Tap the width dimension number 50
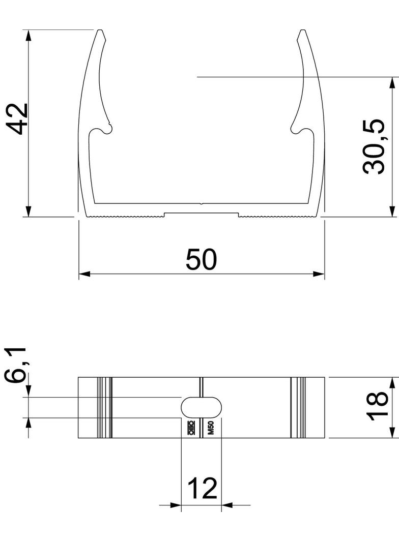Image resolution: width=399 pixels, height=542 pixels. point(201,259)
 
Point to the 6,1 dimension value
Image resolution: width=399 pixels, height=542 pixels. point(17,365)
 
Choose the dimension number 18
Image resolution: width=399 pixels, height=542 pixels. point(377,407)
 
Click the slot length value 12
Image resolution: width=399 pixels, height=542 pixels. point(203,489)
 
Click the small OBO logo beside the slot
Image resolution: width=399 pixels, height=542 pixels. point(192,429)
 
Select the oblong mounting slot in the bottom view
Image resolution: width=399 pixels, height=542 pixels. point(202,407)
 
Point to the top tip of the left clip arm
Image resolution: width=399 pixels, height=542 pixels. point(100,33)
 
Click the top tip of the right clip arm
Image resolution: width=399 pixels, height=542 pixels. point(303,33)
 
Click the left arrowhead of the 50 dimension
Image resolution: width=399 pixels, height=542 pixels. point(83,274)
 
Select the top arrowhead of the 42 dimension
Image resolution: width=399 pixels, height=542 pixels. point(28,35)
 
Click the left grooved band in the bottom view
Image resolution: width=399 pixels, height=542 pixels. point(104,407)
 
